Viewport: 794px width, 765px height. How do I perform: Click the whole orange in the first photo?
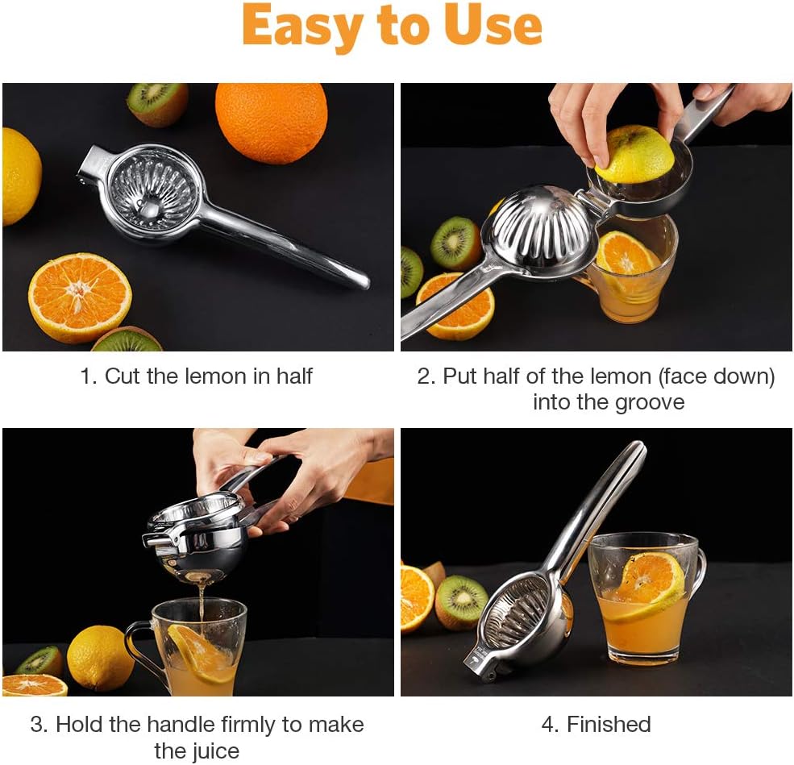(x=272, y=123)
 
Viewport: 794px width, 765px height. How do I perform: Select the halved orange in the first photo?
(x=80, y=297)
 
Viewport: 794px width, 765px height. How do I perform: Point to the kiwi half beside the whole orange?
(x=157, y=104)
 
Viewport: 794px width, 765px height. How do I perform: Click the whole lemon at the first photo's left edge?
(x=20, y=177)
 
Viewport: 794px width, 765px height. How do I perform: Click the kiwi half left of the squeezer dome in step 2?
(x=455, y=243)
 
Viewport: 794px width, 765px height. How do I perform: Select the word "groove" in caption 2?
(x=650, y=403)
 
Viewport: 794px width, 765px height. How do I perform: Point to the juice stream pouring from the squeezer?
(x=202, y=602)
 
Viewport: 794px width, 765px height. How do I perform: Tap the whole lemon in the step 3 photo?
(x=100, y=658)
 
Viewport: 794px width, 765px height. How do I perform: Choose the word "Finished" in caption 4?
(x=609, y=725)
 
